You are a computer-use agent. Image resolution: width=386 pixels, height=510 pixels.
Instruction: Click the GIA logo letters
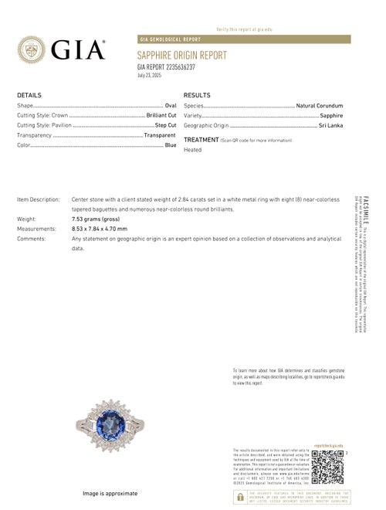(78, 50)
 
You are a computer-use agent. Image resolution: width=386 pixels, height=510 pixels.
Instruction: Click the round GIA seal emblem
(34, 50)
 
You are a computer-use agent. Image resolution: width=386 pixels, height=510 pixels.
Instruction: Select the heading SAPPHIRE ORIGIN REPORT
(181, 56)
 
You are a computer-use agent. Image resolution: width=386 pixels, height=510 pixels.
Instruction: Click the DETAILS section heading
(29, 94)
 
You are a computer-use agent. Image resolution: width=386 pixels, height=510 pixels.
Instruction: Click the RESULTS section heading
(197, 94)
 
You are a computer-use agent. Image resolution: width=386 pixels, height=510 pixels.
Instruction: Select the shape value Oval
(171, 104)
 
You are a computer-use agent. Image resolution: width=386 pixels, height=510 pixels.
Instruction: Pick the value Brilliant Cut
(161, 114)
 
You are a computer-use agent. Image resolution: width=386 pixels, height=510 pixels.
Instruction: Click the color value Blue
(171, 144)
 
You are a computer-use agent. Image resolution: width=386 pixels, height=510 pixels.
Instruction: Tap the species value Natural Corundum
(319, 104)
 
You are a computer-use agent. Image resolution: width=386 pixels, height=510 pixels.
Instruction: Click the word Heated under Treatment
(192, 150)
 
